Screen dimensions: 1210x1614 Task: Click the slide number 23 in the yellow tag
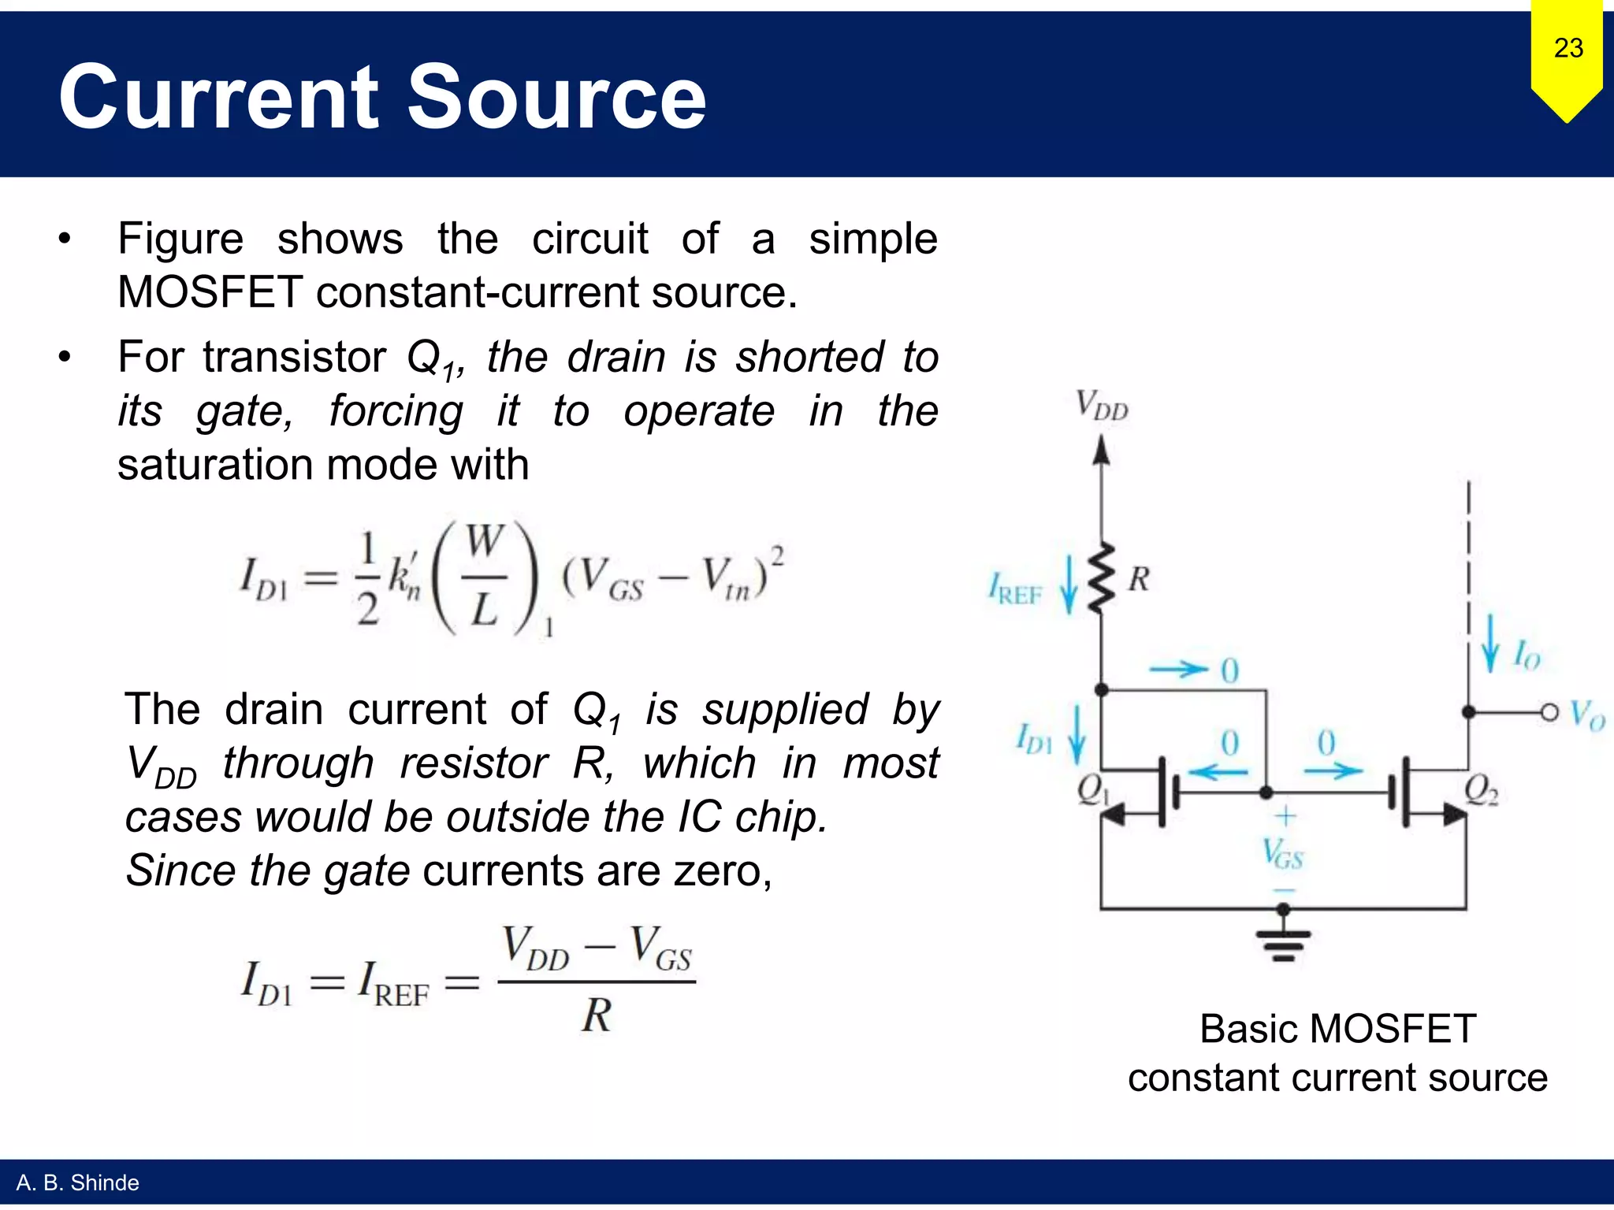pyautogui.click(x=1568, y=48)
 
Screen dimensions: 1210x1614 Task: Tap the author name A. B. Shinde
pyautogui.click(x=77, y=1182)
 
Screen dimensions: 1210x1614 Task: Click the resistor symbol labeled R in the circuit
pyautogui.click(x=1103, y=577)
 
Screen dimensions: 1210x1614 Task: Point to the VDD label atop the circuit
pyautogui.click(x=1102, y=406)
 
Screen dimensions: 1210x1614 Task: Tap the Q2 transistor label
pyautogui.click(x=1481, y=789)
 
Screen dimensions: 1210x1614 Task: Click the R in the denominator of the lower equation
pyautogui.click(x=597, y=1015)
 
